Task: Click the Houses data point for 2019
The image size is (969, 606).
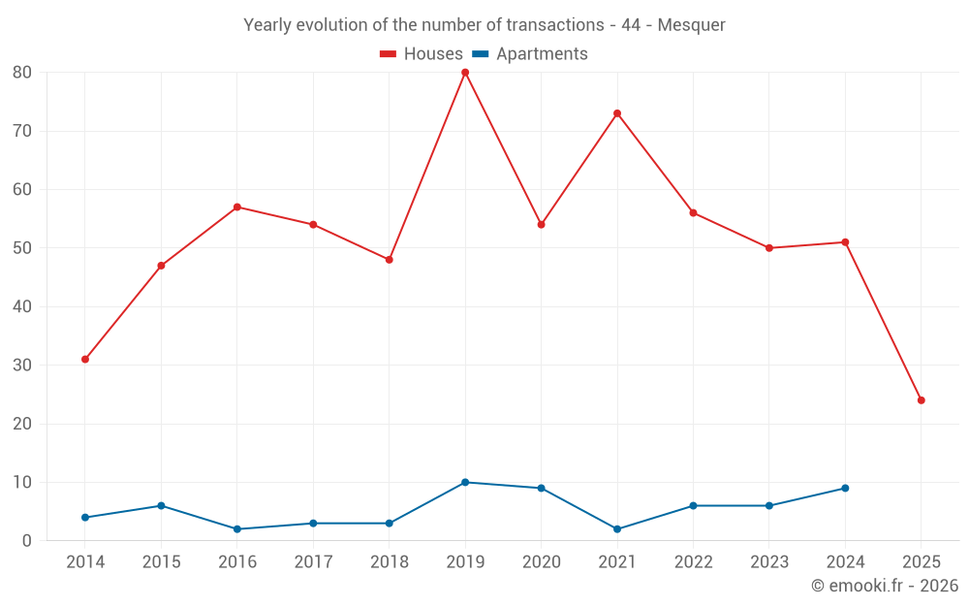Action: tap(465, 73)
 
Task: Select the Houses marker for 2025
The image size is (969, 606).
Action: tap(921, 400)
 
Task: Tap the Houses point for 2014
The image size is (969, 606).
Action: tap(85, 360)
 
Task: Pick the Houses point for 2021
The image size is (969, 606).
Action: tap(617, 113)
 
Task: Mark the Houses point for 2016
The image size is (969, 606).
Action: tap(237, 207)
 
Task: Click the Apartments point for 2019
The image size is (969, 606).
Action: tap(465, 482)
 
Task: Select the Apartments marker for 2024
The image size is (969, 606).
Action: tap(845, 488)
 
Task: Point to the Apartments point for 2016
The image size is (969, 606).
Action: tap(237, 529)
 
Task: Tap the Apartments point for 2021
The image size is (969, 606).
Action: tap(617, 529)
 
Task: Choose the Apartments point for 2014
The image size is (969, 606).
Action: tap(85, 518)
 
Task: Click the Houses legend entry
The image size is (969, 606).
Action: tap(422, 54)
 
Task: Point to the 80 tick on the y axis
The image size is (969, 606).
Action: tap(22, 73)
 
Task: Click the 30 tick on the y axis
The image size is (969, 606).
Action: tap(22, 366)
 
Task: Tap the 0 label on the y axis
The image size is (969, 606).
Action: tap(27, 541)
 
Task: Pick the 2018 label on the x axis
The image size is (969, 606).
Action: tap(389, 562)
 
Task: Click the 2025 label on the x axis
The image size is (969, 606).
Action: tap(921, 562)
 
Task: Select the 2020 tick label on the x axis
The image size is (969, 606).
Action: tap(541, 562)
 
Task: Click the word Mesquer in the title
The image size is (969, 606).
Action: tap(692, 25)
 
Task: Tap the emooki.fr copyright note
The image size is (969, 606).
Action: tap(885, 586)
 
